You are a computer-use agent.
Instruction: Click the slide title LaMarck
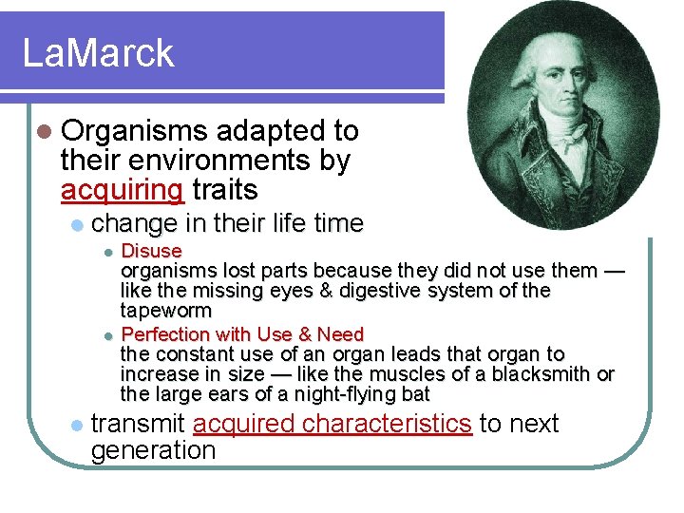point(98,52)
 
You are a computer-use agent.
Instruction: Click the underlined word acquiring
point(122,190)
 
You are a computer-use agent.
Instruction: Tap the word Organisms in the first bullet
point(132,130)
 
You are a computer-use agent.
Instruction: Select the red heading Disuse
point(151,251)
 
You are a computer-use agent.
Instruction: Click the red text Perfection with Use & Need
point(242,334)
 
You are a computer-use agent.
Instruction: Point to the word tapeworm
point(165,311)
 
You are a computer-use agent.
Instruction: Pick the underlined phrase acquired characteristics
point(332,424)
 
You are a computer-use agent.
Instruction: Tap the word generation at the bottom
point(153,450)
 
